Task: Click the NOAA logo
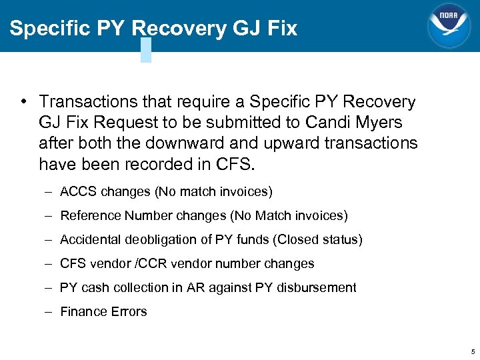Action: [449, 26]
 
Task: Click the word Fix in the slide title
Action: [281, 29]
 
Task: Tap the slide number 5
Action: [473, 351]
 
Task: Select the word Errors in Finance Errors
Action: [129, 312]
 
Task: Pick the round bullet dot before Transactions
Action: [23, 102]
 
